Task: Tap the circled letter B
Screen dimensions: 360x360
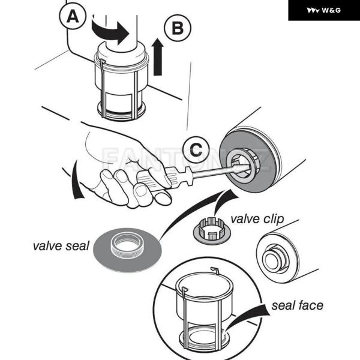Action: [177, 28]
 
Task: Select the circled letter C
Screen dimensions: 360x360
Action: [195, 148]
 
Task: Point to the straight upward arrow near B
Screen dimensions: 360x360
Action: [158, 57]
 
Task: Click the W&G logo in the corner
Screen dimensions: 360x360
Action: [323, 10]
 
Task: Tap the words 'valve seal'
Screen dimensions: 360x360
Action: [61, 245]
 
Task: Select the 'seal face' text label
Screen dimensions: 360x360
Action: [297, 305]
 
